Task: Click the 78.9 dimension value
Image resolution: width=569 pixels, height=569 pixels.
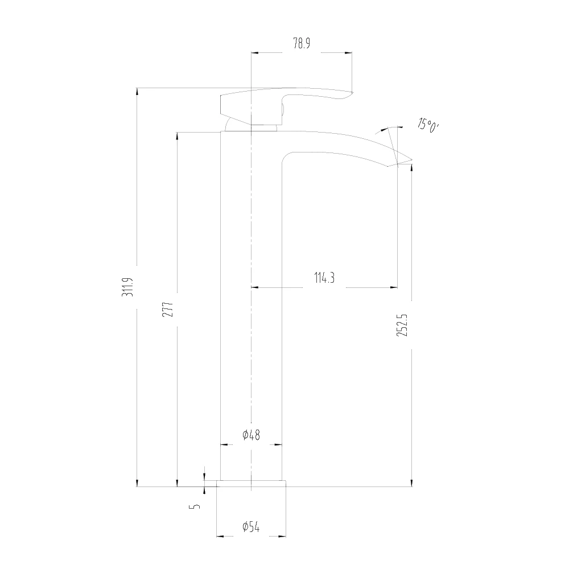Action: click(302, 44)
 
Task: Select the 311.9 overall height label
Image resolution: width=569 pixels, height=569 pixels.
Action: click(127, 287)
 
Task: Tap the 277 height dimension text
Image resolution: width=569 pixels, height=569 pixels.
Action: click(168, 309)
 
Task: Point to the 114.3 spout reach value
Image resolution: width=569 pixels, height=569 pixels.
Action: click(324, 278)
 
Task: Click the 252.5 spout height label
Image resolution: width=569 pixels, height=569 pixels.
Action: click(402, 325)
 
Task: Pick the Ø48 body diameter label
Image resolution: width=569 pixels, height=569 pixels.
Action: click(251, 435)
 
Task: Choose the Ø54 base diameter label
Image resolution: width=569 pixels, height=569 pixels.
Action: click(251, 526)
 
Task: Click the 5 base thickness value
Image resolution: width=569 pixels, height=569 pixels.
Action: click(195, 506)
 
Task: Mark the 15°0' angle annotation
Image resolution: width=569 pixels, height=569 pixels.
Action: click(428, 125)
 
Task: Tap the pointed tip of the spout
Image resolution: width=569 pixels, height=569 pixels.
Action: click(412, 160)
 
